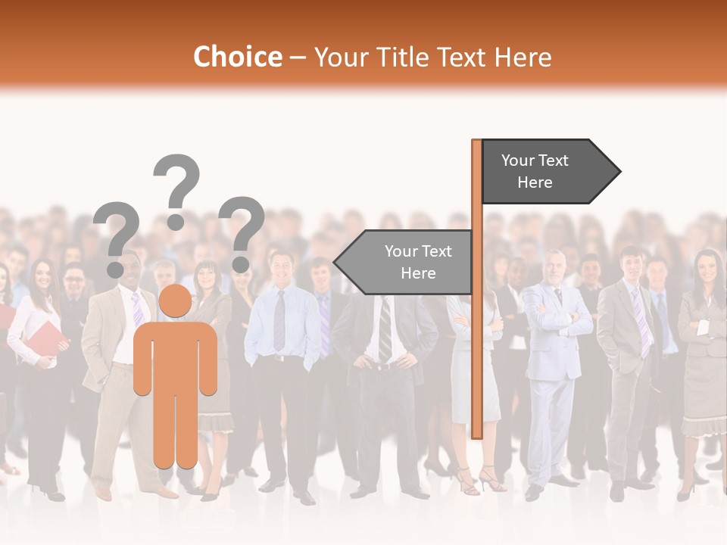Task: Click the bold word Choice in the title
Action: click(x=237, y=57)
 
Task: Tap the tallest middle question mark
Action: click(x=176, y=189)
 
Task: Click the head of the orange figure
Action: click(x=176, y=301)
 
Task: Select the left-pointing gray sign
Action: click(x=405, y=262)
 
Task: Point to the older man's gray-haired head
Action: click(x=554, y=265)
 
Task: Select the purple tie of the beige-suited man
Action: click(x=137, y=307)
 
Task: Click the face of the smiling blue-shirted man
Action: click(x=282, y=267)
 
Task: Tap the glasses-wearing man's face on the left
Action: click(x=73, y=282)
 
